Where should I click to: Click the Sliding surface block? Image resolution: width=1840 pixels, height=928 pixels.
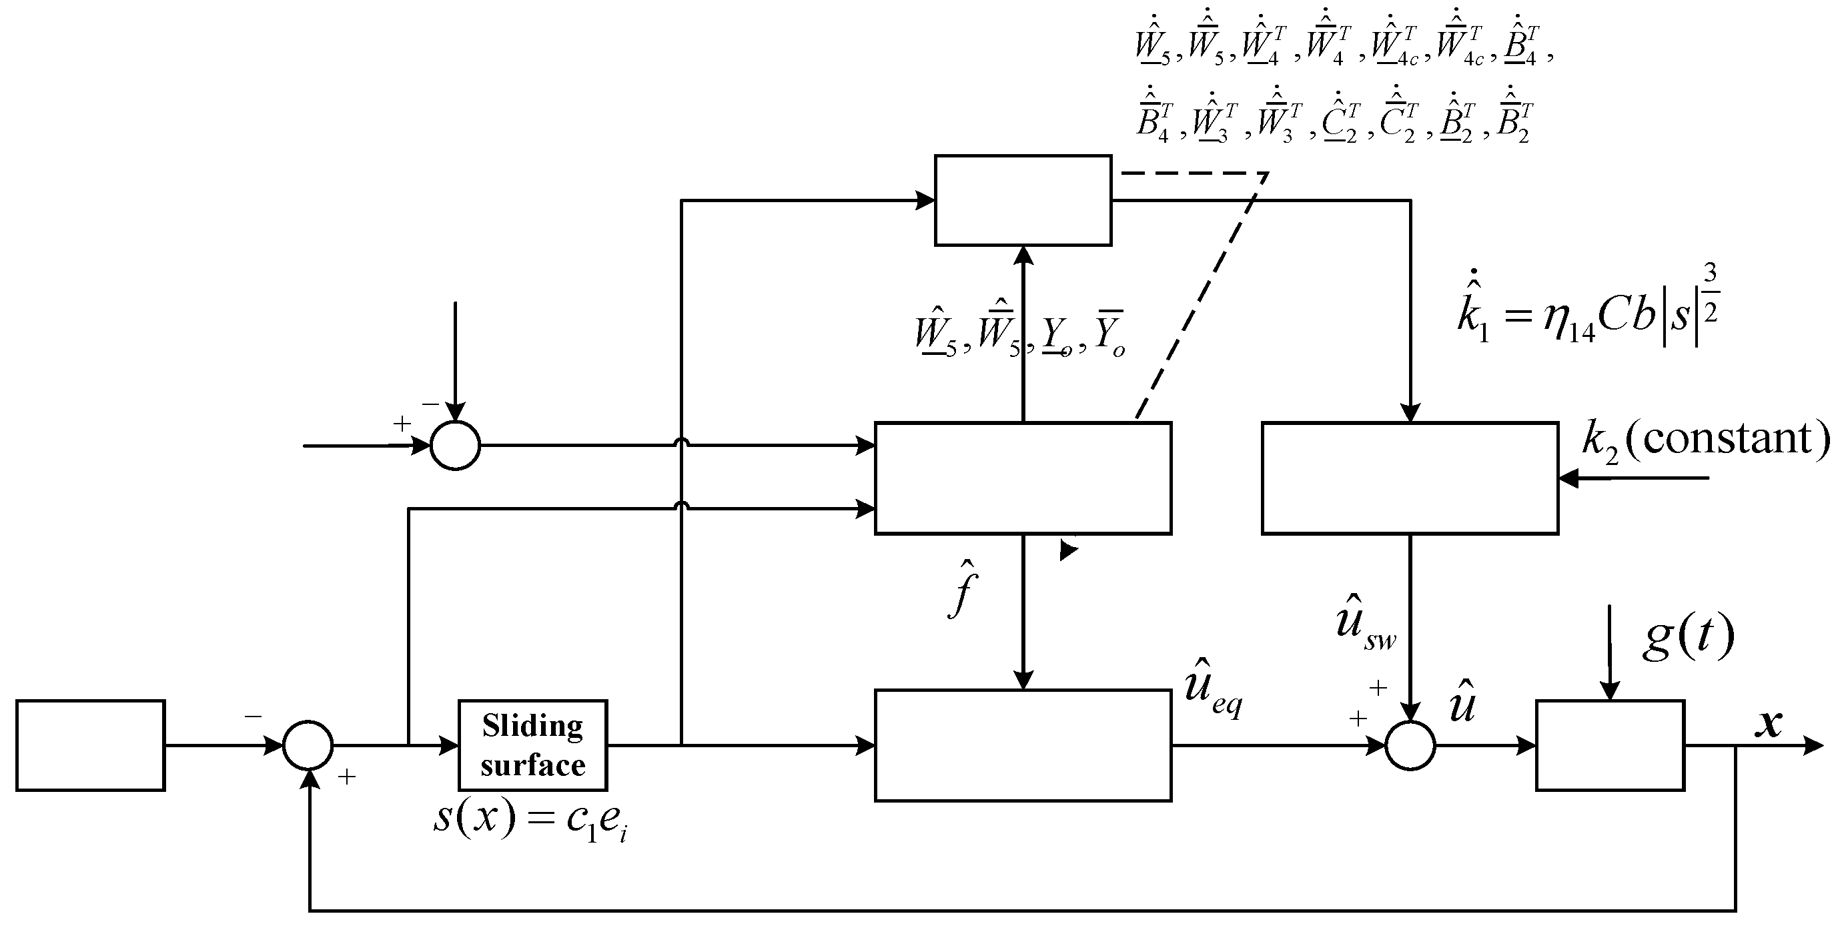tap(532, 745)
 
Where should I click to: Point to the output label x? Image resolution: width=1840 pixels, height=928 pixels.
tap(1769, 723)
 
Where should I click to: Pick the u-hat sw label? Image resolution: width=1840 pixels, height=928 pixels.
tap(1365, 622)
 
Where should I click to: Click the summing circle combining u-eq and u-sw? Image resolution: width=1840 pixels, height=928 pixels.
tap(1410, 745)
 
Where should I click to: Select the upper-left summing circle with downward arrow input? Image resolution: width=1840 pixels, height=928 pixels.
tap(455, 445)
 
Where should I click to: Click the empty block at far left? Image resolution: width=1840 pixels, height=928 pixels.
tap(91, 745)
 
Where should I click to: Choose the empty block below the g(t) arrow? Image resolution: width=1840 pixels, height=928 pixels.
tap(1610, 745)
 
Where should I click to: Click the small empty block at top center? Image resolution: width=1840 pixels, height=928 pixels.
tap(1023, 200)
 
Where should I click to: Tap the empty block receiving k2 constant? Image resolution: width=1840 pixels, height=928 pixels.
tap(1409, 478)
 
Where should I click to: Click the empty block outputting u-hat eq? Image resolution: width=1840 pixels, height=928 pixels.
tap(1023, 745)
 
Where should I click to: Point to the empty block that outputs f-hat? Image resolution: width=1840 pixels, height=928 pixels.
tap(1023, 478)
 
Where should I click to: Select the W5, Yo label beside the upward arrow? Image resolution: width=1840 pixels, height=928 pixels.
tap(1020, 334)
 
